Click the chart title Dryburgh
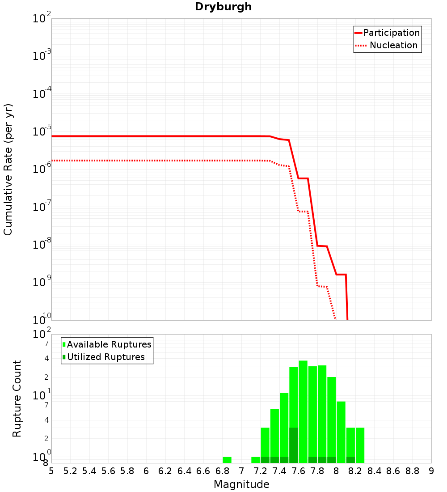pyautogui.click(x=223, y=7)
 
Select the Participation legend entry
pyautogui.click(x=387, y=33)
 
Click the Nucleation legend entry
pyautogui.click(x=387, y=45)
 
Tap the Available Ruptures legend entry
pyautogui.click(x=107, y=344)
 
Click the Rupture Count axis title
pyautogui.click(x=17, y=398)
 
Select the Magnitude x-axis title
pyautogui.click(x=241, y=484)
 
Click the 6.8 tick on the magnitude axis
pyautogui.click(x=222, y=471)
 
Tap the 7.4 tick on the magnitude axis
pyautogui.click(x=279, y=471)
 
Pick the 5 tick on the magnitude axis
pyautogui.click(x=51, y=471)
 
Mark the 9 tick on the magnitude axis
pyautogui.click(x=431, y=471)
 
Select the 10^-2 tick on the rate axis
pyautogui.click(x=42, y=19)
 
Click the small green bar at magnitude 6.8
pyautogui.click(x=227, y=460)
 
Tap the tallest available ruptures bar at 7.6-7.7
pyautogui.click(x=303, y=411)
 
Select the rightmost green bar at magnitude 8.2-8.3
pyautogui.click(x=360, y=445)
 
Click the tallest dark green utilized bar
pyautogui.click(x=294, y=445)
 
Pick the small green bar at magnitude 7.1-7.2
pyautogui.click(x=256, y=460)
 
